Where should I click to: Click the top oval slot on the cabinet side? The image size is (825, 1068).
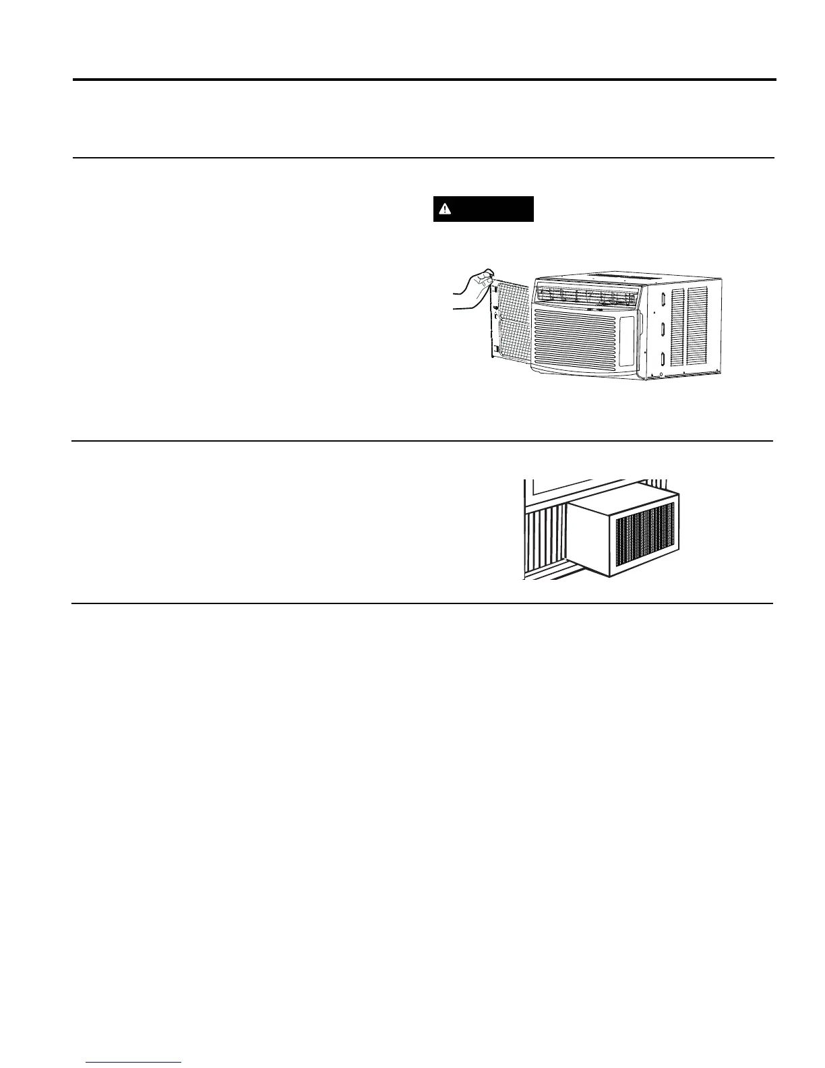coord(663,299)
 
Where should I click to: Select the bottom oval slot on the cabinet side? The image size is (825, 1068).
coord(663,359)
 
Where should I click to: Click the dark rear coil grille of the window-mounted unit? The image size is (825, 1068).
coord(645,536)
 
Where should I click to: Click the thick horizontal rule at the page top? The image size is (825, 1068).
coord(425,80)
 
